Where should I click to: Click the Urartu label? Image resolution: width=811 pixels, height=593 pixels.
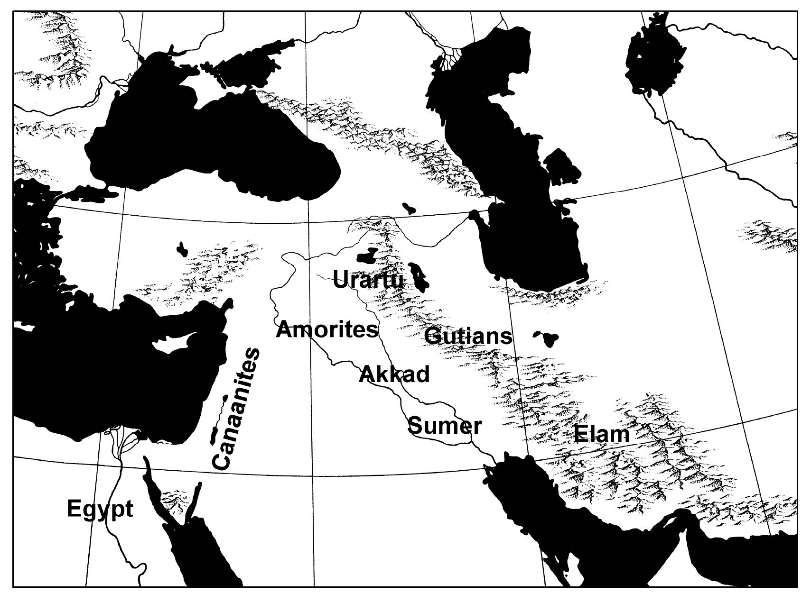tap(368, 279)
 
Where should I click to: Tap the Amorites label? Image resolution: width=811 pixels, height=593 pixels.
tap(327, 329)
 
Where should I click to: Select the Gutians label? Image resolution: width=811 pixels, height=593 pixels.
tap(468, 336)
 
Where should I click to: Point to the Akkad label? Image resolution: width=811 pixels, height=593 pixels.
tap(394, 374)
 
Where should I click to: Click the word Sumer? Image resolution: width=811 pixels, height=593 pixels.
tap(445, 425)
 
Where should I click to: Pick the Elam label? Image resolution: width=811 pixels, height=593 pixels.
tap(601, 434)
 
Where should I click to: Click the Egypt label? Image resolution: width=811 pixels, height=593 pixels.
tap(100, 509)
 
